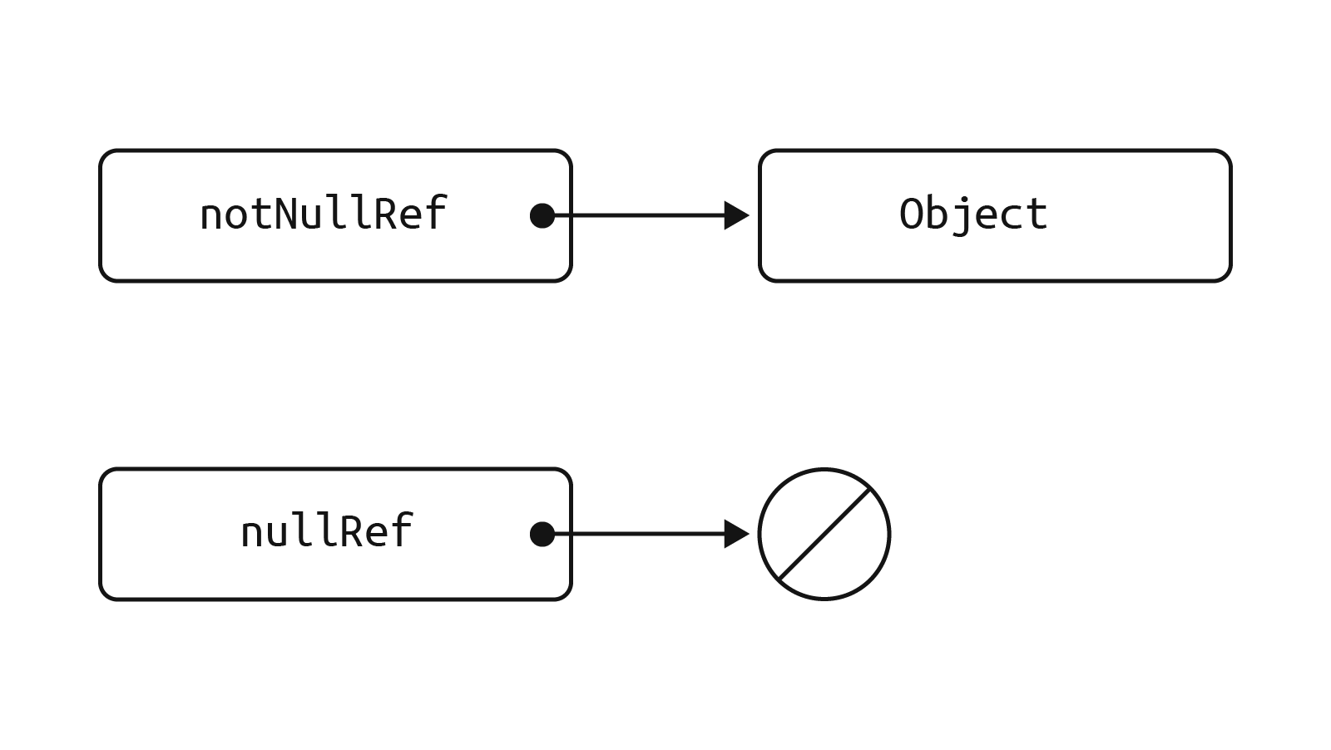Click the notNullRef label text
(x=324, y=215)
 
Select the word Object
(x=972, y=215)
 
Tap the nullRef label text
(x=326, y=532)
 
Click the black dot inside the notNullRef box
(x=542, y=215)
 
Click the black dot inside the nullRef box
(x=542, y=534)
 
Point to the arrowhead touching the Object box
(x=735, y=215)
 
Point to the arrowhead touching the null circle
(x=735, y=534)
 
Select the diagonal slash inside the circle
(x=824, y=534)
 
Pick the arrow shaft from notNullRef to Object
(x=641, y=215)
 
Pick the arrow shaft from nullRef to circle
(x=641, y=534)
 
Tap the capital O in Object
(x=912, y=214)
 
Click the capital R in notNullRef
(x=386, y=214)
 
